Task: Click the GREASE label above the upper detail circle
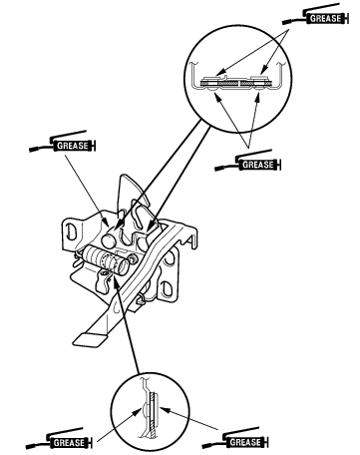(x=325, y=18)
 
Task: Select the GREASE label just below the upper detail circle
(x=258, y=165)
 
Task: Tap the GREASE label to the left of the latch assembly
(x=72, y=146)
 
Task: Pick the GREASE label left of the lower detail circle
(x=69, y=443)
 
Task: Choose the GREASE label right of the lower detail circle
(x=245, y=442)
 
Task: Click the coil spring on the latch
(x=105, y=260)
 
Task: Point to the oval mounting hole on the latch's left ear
(x=70, y=231)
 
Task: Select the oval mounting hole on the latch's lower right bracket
(x=166, y=287)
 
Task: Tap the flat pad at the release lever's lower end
(x=90, y=339)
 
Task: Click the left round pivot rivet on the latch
(x=109, y=240)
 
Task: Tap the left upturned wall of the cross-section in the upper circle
(x=192, y=75)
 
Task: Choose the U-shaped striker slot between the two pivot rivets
(x=126, y=238)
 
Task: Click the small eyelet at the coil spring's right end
(x=133, y=258)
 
